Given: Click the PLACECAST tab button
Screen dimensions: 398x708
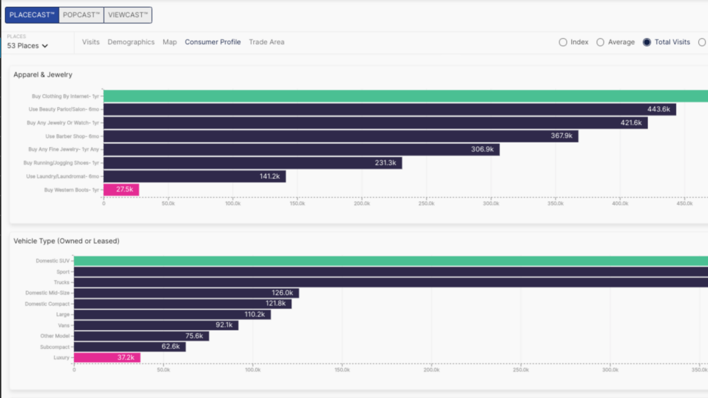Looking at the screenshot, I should coord(32,15).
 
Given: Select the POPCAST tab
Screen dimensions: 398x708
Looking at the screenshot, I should coord(81,15).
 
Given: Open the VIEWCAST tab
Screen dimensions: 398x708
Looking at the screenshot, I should coord(128,15).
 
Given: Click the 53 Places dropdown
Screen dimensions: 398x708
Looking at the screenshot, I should coord(28,46).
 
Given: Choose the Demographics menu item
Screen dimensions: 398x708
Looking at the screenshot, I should coord(131,42).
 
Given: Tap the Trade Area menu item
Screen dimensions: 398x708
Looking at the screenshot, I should coord(266,42).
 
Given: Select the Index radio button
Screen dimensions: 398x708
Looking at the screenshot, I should coord(563,42).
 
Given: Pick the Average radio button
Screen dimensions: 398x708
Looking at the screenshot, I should coord(600,42).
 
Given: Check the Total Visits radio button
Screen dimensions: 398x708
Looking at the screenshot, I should coord(646,42).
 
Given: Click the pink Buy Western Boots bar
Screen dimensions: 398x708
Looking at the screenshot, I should coord(121,189).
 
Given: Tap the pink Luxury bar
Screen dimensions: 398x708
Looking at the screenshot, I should coord(107,357).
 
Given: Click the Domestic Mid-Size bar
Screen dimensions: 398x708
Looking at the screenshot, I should coord(186,293).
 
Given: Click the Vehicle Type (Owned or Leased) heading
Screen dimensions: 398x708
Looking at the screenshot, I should coord(66,241).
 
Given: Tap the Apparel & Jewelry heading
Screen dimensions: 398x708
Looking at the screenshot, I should coord(43,75).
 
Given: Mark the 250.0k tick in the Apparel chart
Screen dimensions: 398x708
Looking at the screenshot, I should coord(427,204).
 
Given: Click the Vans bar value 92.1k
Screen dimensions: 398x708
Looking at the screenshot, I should coord(225,325).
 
